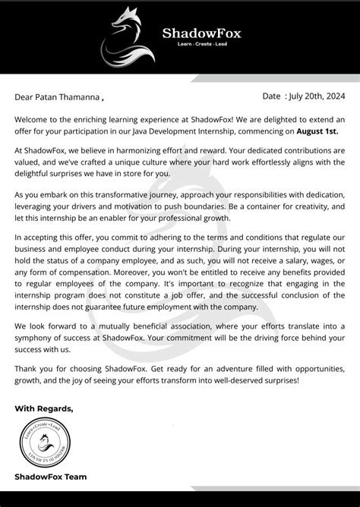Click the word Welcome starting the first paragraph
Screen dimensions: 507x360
[x=33, y=120]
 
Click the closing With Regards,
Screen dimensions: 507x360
[x=43, y=408]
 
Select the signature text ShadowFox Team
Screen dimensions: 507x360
[x=51, y=477]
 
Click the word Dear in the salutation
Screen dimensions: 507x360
[x=25, y=97]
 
